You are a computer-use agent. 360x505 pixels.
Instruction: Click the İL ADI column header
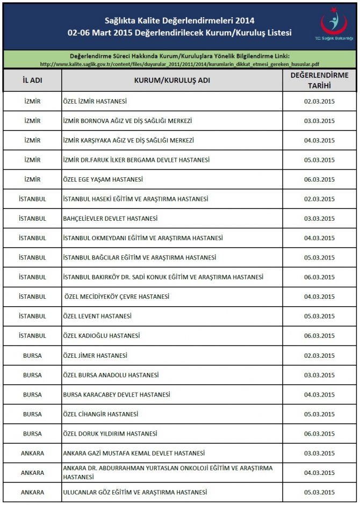point(32,81)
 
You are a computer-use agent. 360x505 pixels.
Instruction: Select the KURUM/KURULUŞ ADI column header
point(172,81)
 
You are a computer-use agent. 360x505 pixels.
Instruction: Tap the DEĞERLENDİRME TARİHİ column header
point(319,81)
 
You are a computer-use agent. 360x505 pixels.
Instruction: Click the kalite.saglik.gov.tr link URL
point(179,64)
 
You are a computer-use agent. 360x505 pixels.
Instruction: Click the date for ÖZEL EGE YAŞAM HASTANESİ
point(319,179)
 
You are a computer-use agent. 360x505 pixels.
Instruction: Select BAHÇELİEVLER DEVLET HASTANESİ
point(110,219)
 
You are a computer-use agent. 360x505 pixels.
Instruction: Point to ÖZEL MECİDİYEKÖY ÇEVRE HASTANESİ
point(117,297)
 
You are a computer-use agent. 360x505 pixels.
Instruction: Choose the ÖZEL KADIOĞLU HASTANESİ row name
point(101,336)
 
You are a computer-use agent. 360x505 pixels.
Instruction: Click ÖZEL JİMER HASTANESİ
point(95,356)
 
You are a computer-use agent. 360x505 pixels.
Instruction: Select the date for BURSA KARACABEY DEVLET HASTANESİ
point(319,394)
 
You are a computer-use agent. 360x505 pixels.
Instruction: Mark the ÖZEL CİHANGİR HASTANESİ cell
point(100,414)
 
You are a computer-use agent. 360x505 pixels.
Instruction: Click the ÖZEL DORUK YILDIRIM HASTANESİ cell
point(110,434)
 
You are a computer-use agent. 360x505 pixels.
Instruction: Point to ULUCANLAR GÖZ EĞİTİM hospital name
point(134,492)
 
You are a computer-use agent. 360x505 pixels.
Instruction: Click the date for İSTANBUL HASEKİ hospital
point(319,199)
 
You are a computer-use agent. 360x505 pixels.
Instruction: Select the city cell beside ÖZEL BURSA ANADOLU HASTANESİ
point(32,375)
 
